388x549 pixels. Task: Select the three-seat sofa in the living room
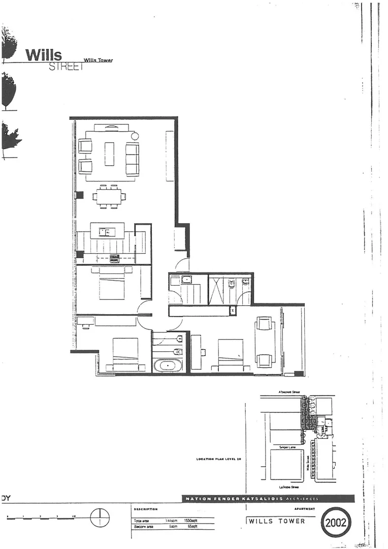click(x=132, y=159)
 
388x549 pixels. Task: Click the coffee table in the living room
click(x=109, y=154)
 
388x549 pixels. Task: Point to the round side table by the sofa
click(x=135, y=136)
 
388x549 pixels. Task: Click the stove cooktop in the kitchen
click(x=114, y=258)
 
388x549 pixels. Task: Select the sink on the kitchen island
click(x=107, y=232)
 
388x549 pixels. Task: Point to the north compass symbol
click(x=100, y=517)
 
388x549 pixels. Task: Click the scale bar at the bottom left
click(x=41, y=517)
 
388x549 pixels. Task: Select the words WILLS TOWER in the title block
click(x=277, y=521)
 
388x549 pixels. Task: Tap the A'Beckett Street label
click(x=289, y=392)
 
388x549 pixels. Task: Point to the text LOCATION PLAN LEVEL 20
click(x=218, y=459)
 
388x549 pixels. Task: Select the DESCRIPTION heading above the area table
click(x=146, y=509)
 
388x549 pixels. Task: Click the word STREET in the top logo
click(x=65, y=67)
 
